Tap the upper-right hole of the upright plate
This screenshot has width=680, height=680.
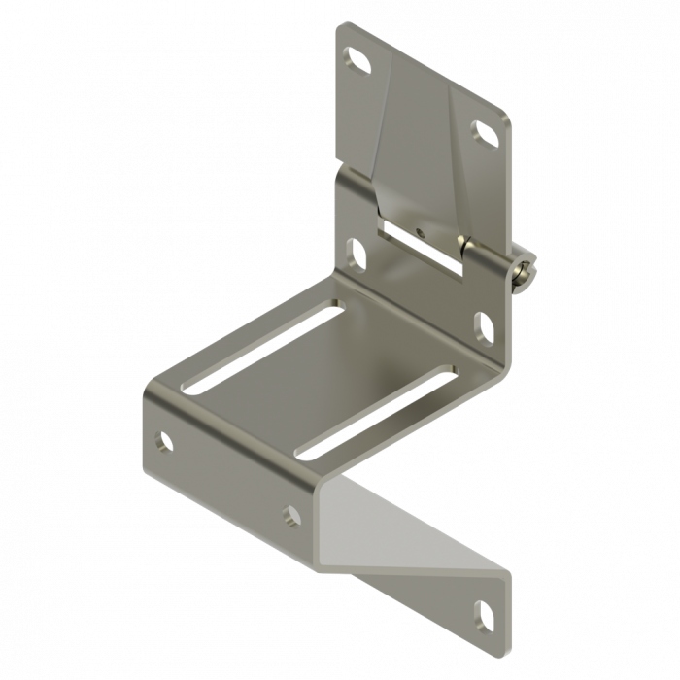pos(484,133)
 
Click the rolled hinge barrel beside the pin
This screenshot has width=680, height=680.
pos(486,256)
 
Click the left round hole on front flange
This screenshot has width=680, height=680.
pos(164,441)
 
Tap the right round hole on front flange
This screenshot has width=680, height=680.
pos(292,516)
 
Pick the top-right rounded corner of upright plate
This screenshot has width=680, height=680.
pos(504,121)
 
